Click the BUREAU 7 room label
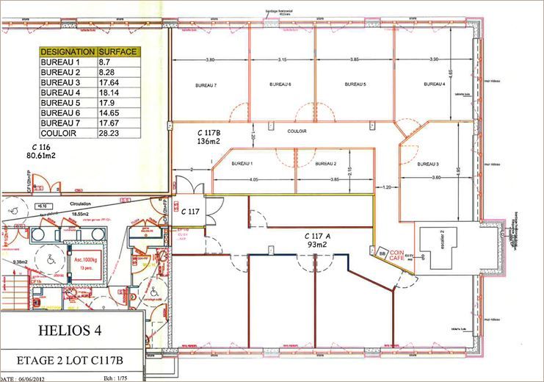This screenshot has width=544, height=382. pos(206,86)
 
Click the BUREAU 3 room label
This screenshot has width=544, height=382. pos(428,164)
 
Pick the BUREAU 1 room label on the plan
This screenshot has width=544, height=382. pos(242,163)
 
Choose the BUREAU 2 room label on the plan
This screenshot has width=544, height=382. pos(325,163)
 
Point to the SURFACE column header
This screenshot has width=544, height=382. pos(118,53)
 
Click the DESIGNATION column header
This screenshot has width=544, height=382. pos(68,53)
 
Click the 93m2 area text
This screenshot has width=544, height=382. pos(317,244)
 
